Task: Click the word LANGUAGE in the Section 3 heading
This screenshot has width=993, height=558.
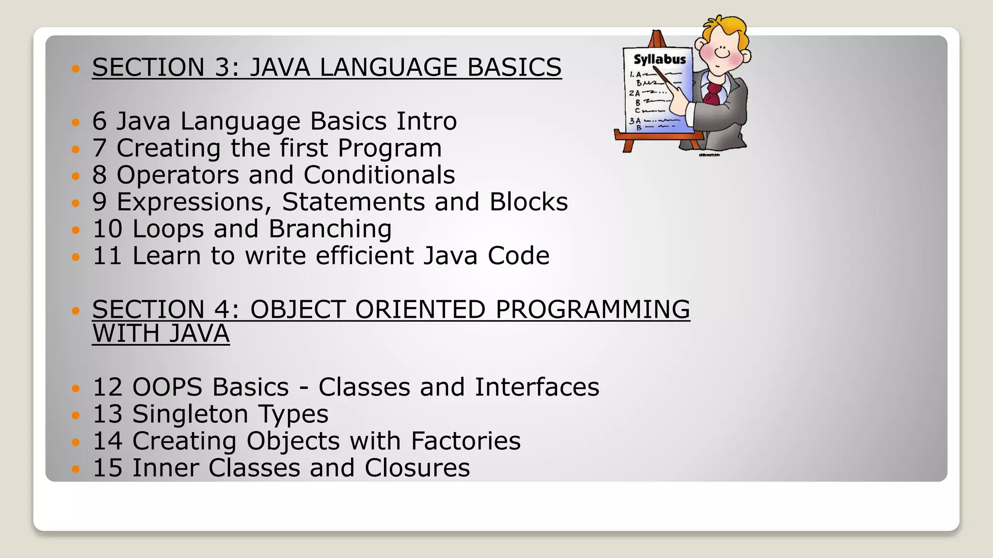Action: (387, 67)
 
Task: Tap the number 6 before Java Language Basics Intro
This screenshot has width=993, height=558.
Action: (99, 121)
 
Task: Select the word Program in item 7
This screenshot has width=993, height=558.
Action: (389, 148)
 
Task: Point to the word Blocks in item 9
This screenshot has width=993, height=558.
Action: (529, 202)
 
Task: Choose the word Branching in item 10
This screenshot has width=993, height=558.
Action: (330, 229)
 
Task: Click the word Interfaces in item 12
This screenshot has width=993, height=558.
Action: (537, 387)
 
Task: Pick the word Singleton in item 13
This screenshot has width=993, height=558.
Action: (190, 415)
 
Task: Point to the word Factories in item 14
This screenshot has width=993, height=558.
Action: (465, 441)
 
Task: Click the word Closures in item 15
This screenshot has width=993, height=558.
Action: (417, 468)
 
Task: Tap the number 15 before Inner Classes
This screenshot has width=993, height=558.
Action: (107, 468)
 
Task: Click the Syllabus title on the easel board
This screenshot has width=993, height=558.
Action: (659, 60)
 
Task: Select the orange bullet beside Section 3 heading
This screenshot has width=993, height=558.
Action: (75, 68)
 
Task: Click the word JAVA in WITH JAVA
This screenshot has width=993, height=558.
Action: (199, 334)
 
